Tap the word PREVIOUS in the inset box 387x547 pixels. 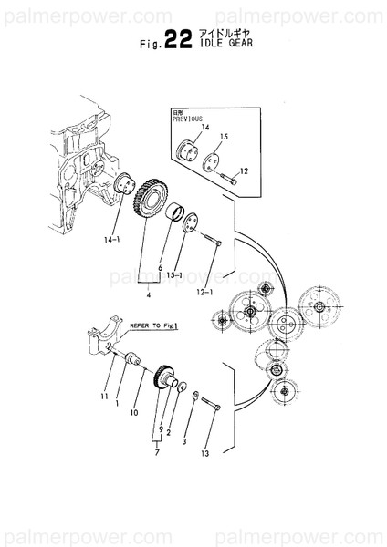(x=188, y=118)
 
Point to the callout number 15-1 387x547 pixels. (x=175, y=275)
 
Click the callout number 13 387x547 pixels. (x=204, y=453)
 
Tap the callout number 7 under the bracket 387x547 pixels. (x=158, y=449)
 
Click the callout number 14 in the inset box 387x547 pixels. (x=205, y=127)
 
